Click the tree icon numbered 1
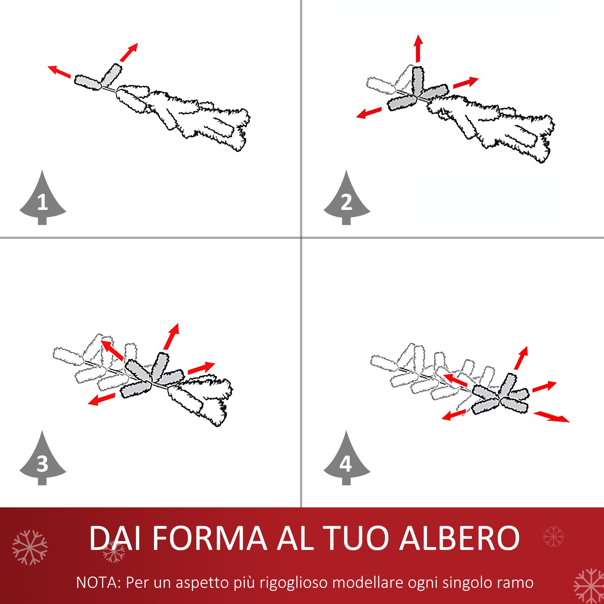(x=43, y=200)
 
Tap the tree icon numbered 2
(x=346, y=200)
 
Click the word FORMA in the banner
(x=210, y=538)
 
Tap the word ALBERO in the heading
(x=460, y=538)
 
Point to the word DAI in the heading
(x=114, y=538)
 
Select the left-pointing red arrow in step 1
(x=59, y=71)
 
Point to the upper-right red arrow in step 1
(x=129, y=52)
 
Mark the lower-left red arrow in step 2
(x=369, y=113)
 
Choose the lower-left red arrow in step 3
(x=101, y=399)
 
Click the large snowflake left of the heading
(x=30, y=548)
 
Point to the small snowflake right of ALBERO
(x=553, y=536)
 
